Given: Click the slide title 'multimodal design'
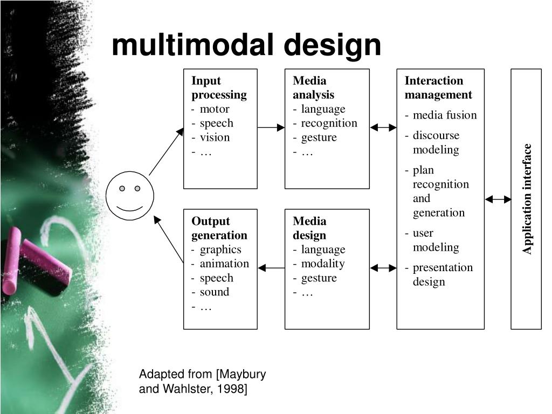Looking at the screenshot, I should (246, 45).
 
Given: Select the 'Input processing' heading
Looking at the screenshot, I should (219, 88).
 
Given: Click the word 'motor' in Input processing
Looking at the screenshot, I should (215, 109).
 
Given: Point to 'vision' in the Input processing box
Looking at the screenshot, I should (215, 137).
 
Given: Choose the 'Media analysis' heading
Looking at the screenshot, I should (313, 88).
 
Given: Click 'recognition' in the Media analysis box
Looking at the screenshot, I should (329, 123).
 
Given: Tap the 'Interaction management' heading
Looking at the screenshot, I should (438, 88).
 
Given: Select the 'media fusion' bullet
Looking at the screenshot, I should (445, 115).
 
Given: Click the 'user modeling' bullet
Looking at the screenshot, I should (436, 240).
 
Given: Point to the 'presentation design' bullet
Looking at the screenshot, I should (442, 274).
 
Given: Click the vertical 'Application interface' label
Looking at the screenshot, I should (527, 199).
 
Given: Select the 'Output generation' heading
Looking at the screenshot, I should (219, 228).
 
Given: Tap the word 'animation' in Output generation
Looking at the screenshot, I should (224, 264).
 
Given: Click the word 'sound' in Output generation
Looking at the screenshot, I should (215, 292).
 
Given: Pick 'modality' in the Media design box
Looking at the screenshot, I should (322, 264).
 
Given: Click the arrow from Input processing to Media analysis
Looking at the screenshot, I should (271, 128).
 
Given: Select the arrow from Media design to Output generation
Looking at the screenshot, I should (271, 268).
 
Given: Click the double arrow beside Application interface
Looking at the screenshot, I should (498, 199).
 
